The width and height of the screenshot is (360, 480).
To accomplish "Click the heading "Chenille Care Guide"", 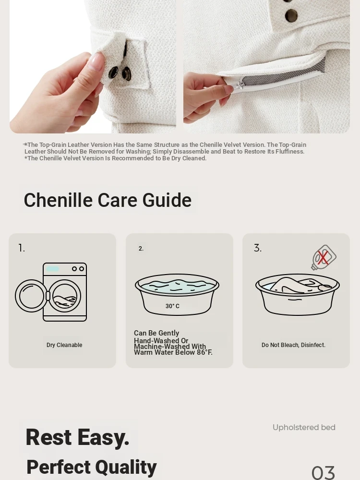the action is pyautogui.click(x=108, y=200).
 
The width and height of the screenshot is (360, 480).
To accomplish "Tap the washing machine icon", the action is pyautogui.click(x=51, y=292).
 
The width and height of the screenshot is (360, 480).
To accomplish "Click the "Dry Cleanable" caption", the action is pyautogui.click(x=64, y=345).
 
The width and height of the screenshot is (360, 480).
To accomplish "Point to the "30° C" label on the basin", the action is pyautogui.click(x=172, y=306).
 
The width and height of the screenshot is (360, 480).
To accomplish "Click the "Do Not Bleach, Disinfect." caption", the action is pyautogui.click(x=293, y=345).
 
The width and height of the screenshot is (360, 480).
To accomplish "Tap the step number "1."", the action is pyautogui.click(x=22, y=248).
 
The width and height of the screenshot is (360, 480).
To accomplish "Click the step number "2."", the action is pyautogui.click(x=141, y=249).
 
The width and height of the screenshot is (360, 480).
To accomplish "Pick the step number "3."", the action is pyautogui.click(x=258, y=248).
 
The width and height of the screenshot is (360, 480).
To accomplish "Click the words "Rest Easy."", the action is pyautogui.click(x=77, y=437).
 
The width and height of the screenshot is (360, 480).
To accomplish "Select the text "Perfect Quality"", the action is pyautogui.click(x=92, y=467).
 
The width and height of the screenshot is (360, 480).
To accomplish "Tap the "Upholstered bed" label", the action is pyautogui.click(x=304, y=427).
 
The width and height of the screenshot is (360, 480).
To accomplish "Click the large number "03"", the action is pyautogui.click(x=323, y=473).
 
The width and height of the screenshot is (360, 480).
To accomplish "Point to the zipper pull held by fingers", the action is pyautogui.click(x=239, y=84).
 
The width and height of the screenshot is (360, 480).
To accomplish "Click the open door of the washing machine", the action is pyautogui.click(x=30, y=296).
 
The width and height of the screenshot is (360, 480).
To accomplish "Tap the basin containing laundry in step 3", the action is pyautogui.click(x=297, y=294).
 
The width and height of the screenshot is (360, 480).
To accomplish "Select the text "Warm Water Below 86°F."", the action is pyautogui.click(x=173, y=352).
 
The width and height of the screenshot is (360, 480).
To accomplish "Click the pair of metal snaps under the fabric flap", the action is pyautogui.click(x=120, y=73).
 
